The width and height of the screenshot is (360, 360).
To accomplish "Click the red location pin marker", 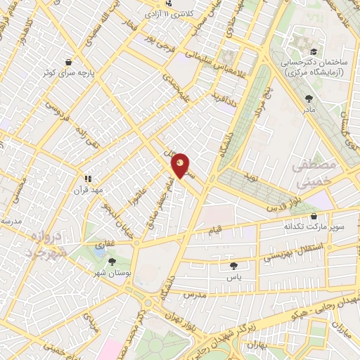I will (x=181, y=166).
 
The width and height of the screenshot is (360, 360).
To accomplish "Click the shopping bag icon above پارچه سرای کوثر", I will (x=68, y=62).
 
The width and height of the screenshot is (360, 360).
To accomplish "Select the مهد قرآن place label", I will (x=89, y=190).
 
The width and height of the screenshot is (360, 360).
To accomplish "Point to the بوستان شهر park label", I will (x=103, y=271).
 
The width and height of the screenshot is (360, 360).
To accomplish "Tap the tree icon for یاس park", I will (x=233, y=265).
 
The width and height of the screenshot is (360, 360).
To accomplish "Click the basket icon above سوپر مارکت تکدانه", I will (x=313, y=217).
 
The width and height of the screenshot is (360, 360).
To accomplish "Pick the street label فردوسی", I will (x=55, y=112).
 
